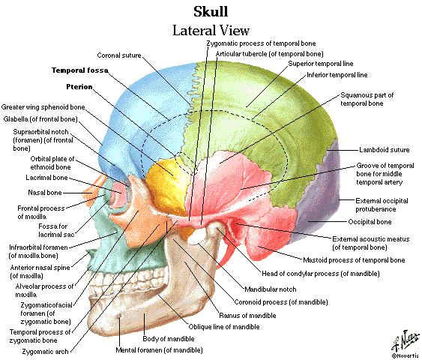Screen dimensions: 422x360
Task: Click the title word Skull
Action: (211, 12)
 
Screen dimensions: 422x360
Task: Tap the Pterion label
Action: (79, 87)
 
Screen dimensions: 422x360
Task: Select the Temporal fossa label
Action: (80, 70)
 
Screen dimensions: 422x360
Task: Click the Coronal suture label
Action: (119, 55)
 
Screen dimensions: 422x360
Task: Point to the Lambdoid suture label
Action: (385, 150)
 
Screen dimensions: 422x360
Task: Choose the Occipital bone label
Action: (370, 222)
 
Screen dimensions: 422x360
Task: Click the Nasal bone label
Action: (45, 193)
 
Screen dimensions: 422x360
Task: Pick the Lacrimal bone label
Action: (46, 178)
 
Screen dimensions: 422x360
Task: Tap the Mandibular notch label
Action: (270, 289)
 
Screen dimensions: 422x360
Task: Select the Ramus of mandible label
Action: (247, 315)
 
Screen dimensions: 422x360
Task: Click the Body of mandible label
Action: (169, 339)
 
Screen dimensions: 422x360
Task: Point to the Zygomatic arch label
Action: (45, 352)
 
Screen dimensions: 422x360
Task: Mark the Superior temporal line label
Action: (321, 64)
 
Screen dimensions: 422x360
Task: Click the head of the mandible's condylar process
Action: (214, 226)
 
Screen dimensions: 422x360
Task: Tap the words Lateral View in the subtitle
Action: (211, 30)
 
